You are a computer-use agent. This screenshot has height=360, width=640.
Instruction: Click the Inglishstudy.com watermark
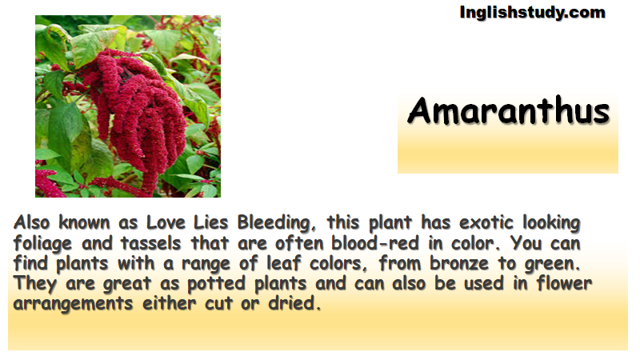pos(532,13)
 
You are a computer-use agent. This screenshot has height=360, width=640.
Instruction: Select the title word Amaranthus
pos(509,110)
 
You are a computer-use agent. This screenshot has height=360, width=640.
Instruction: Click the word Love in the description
pos(165,222)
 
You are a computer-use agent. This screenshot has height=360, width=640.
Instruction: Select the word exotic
pos(486,223)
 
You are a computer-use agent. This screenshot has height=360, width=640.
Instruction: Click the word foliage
pos(42,244)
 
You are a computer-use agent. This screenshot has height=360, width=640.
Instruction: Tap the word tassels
pos(150,243)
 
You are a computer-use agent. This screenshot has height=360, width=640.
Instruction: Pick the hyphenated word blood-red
pos(374,243)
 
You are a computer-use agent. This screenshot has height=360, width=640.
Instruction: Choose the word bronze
pos(458,264)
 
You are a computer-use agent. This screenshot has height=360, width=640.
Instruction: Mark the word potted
pos(216,284)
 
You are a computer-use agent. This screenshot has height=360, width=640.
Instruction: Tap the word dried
pos(294,303)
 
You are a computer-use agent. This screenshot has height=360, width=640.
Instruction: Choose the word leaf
pos(284,263)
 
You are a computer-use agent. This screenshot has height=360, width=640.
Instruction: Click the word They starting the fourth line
pos(34,284)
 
